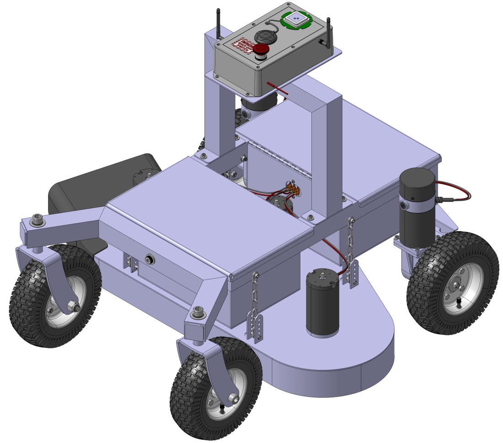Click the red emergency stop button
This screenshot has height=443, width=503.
(261, 50)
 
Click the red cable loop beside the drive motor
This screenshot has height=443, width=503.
(457, 192)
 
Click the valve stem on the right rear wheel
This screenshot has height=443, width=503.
(459, 302)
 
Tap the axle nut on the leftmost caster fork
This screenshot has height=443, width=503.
(73, 306)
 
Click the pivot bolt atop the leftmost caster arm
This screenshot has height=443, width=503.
(37, 222)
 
